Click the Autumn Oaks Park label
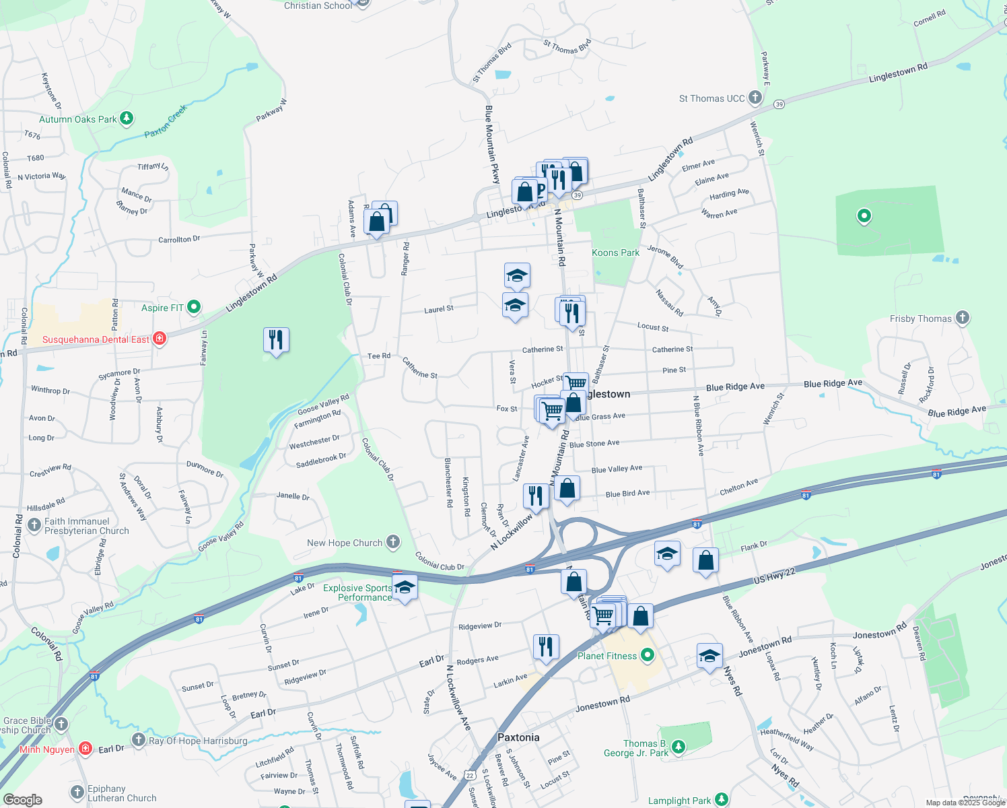pos(78,120)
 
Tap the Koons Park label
pos(615,253)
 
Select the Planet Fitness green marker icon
pos(648,655)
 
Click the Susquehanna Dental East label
pos(96,340)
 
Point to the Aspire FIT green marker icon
pos(194,308)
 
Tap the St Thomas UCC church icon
pos(755,98)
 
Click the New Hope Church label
pos(345,543)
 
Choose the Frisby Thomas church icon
pos(963,318)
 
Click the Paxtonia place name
pos(518,737)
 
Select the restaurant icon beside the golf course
pos(276,340)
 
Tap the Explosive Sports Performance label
pos(357,593)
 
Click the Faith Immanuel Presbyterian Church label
pos(86,527)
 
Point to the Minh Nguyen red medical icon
pos(85,749)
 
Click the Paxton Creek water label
pos(165,122)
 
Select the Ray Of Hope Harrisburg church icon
pos(139,741)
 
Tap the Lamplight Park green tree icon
pos(722,800)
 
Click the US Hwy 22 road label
pos(774,576)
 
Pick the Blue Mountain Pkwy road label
pos(493,144)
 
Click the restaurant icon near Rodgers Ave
pos(545,646)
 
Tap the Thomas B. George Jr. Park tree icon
pos(679,746)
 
